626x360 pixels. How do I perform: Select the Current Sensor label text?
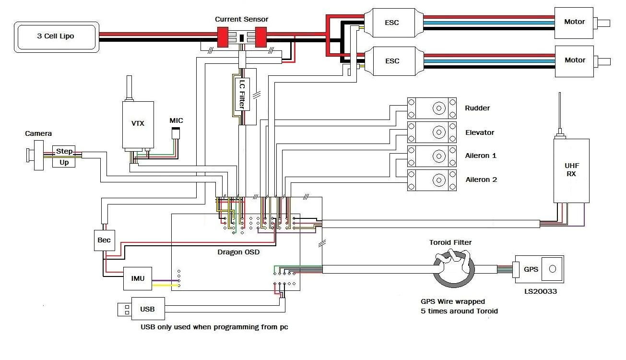pos(241,19)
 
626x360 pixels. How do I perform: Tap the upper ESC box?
pos(392,22)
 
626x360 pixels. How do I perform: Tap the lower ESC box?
pos(392,61)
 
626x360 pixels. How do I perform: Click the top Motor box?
pos(574,22)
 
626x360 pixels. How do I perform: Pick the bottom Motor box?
pos(574,60)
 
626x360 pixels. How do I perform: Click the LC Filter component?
pos(243,93)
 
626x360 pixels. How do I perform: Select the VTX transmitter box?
pos(138,124)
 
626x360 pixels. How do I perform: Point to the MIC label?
pos(176,120)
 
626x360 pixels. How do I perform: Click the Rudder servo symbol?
pos(432,108)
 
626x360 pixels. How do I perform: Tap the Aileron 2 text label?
pos(481,180)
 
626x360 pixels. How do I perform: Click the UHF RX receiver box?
pos(571,170)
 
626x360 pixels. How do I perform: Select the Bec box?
pos(104,240)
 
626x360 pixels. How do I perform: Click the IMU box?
pos(138,278)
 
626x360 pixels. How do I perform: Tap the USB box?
pos(147,309)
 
